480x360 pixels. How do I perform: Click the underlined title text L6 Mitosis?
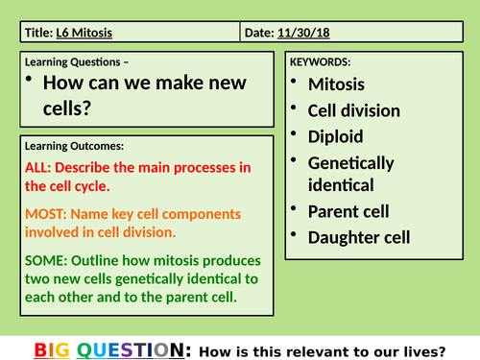coord(85,33)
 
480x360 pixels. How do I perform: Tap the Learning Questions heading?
coord(74,62)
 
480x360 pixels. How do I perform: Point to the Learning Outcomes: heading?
coord(76,146)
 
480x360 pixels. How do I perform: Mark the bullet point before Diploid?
coord(296,136)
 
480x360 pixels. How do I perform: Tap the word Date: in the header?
coord(258,33)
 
